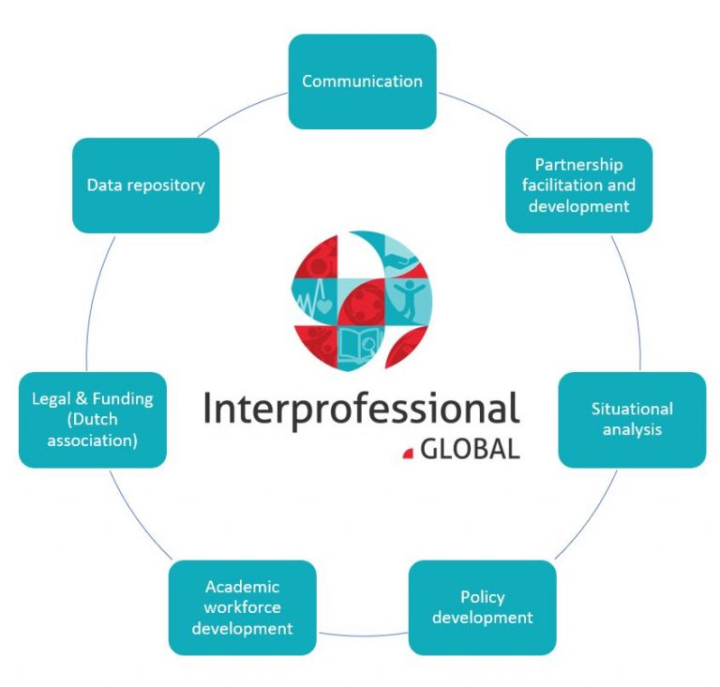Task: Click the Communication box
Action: [362, 82]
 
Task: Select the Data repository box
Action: [145, 186]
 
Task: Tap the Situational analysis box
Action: [632, 420]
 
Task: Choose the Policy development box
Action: [482, 607]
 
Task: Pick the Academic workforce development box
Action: [242, 607]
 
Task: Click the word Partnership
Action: [578, 165]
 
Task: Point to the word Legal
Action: [52, 399]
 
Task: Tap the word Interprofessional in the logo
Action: [361, 410]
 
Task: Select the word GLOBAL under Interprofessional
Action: [470, 449]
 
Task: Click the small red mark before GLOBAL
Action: [408, 454]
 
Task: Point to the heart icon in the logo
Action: [323, 306]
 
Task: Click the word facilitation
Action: [578, 185]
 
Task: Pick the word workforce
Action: [242, 607]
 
